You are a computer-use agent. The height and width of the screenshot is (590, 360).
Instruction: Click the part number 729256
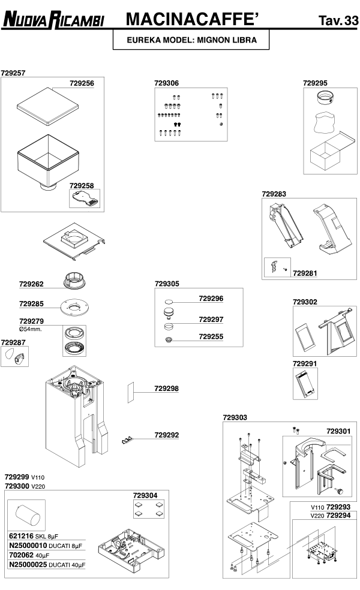coord(82,83)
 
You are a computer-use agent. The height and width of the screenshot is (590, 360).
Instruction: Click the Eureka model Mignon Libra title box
coord(191,41)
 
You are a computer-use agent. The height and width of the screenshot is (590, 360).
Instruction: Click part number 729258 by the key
coord(82,186)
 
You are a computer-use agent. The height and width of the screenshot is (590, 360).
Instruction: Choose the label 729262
coord(31,284)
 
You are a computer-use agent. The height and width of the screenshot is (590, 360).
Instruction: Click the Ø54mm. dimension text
coord(30,329)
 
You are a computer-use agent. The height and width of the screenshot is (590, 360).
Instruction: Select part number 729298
coord(167,389)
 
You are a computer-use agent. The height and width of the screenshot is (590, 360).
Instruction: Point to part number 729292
coord(167,435)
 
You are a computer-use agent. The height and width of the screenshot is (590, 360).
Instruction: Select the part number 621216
coord(21,536)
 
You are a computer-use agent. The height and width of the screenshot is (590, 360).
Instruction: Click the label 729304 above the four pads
coord(146,495)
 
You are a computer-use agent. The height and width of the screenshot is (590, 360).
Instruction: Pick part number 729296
coord(211,298)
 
